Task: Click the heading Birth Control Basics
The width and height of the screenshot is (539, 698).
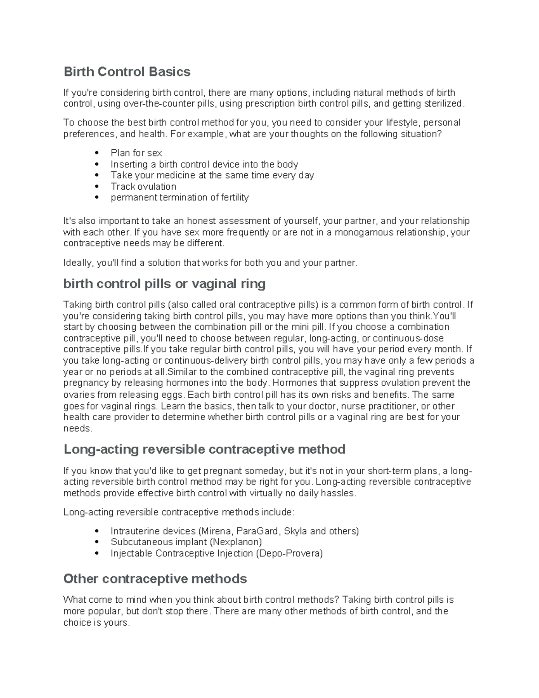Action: coord(127,72)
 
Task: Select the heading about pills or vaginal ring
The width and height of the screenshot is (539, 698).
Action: coord(164,284)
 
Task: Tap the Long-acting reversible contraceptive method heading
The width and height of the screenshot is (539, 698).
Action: coord(204,449)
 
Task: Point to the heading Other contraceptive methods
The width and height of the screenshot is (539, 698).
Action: coord(155,578)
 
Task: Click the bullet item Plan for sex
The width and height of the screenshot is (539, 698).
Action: coord(136,153)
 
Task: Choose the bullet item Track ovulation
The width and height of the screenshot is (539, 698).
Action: coord(143,187)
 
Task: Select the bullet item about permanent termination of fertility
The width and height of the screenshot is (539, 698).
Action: coord(180,197)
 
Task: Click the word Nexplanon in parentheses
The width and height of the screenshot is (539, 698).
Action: coord(236,542)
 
